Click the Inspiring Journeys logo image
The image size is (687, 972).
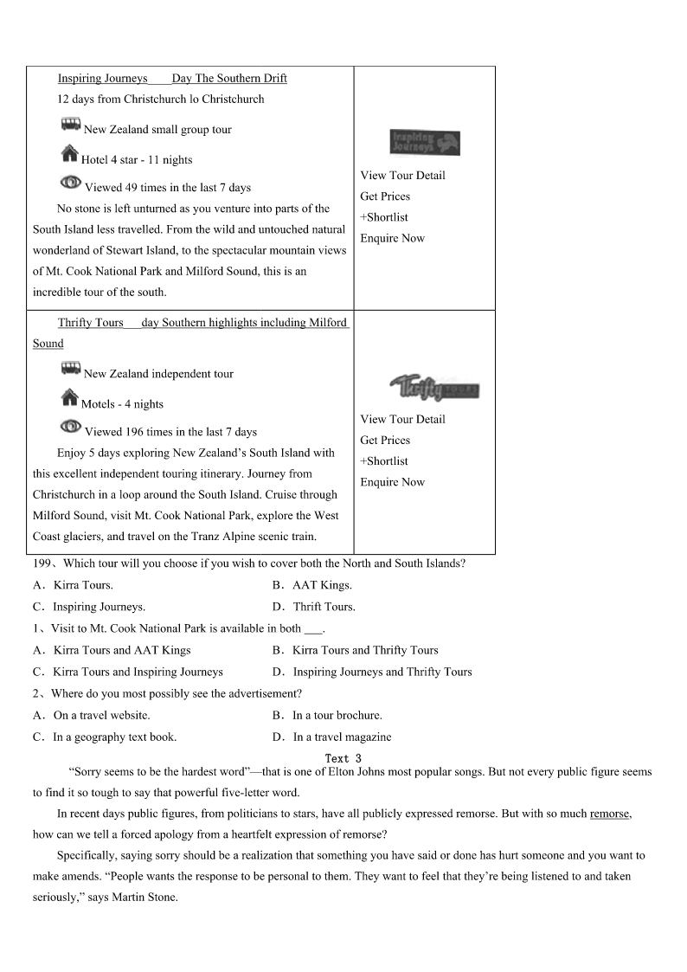[425, 143]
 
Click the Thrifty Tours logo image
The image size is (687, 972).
[433, 387]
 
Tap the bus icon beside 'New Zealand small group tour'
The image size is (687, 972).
[71, 126]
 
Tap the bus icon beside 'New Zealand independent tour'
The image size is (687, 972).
[71, 370]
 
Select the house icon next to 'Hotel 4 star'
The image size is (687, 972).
[70, 156]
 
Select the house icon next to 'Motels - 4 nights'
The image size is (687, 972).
[70, 400]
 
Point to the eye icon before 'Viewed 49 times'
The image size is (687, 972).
[71, 183]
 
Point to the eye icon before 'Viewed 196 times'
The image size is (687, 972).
[71, 428]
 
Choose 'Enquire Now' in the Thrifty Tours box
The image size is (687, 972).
[393, 482]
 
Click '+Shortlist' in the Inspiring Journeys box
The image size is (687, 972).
[384, 217]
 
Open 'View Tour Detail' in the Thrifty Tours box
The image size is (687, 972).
[403, 419]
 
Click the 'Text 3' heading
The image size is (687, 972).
[343, 758]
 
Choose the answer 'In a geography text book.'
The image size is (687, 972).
[114, 737]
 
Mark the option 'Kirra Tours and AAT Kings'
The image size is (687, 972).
[122, 650]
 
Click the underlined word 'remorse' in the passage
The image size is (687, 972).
[610, 814]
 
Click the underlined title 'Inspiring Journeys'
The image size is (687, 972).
[103, 79]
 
